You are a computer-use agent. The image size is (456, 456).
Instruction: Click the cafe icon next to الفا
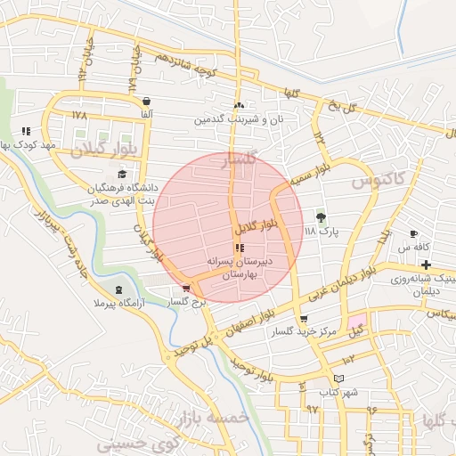click(x=146, y=101)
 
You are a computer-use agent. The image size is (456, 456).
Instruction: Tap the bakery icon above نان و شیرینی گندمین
click(x=239, y=105)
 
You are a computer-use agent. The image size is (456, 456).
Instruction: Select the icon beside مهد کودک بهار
click(x=26, y=131)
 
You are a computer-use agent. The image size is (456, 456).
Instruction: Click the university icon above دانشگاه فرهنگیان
click(x=121, y=174)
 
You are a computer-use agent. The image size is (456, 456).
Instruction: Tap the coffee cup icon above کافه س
click(x=413, y=233)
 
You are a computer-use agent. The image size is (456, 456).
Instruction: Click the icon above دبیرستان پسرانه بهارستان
click(x=239, y=248)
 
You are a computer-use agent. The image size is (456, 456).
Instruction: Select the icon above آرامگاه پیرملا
click(x=119, y=290)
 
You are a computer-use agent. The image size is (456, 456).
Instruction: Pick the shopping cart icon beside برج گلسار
click(x=185, y=289)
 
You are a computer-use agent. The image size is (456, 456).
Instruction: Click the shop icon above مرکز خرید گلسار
click(x=305, y=318)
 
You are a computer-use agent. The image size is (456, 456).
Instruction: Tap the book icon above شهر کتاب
click(x=337, y=378)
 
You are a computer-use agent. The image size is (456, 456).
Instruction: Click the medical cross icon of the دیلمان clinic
click(x=427, y=265)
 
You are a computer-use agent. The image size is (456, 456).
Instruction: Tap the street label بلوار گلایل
click(x=257, y=216)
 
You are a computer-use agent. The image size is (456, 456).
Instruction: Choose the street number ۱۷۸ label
click(x=80, y=116)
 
